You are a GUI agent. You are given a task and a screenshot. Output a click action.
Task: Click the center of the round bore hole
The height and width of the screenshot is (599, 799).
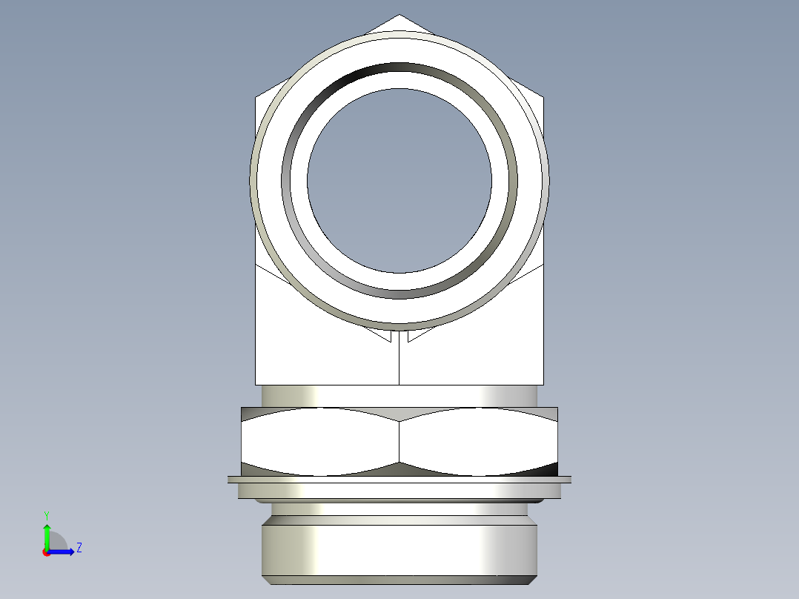(399, 180)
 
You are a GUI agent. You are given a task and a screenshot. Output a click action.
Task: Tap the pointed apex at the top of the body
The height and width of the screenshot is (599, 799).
(399, 15)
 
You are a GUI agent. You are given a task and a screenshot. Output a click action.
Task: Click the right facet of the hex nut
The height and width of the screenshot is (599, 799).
(478, 442)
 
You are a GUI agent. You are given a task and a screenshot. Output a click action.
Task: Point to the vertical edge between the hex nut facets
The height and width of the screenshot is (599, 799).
(399, 442)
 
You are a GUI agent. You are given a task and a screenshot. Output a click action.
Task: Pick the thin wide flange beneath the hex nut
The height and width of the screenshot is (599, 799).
(399, 480)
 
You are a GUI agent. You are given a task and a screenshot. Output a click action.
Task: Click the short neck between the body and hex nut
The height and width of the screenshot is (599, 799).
(399, 396)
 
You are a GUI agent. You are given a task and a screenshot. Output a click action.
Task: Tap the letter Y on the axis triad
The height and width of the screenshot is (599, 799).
(46, 514)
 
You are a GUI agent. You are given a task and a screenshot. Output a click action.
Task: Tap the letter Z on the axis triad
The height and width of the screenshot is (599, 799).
(79, 549)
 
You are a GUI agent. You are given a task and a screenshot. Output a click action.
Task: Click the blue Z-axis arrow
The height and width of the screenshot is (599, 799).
(62, 552)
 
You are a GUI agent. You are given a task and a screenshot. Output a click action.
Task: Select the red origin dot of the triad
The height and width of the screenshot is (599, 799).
(46, 552)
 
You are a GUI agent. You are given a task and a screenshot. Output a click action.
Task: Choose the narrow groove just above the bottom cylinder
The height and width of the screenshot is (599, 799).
(399, 509)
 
